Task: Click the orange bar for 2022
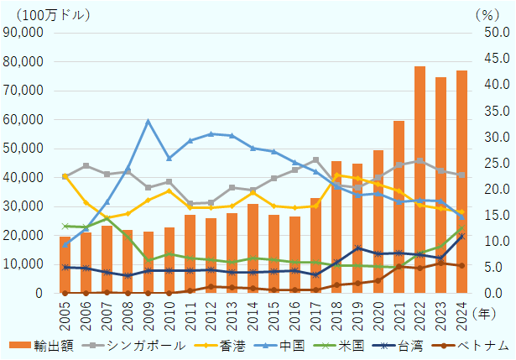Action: pyautogui.click(x=420, y=180)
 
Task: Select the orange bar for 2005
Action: pyautogui.click(x=65, y=265)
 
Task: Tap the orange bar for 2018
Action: pyautogui.click(x=336, y=227)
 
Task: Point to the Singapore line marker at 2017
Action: pyautogui.click(x=315, y=159)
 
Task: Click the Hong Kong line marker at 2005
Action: pyautogui.click(x=65, y=176)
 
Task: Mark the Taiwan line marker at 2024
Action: pyautogui.click(x=461, y=237)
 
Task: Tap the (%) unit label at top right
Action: pyautogui.click(x=486, y=13)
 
